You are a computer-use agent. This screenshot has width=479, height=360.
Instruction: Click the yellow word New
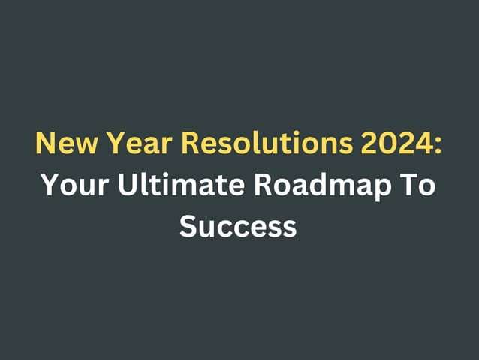(x=62, y=144)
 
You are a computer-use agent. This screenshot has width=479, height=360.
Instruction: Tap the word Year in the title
(x=129, y=144)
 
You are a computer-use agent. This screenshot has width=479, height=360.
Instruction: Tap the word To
(x=417, y=184)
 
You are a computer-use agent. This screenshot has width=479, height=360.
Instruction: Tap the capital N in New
(x=44, y=144)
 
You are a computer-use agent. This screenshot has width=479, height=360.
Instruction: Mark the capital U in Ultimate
(x=128, y=184)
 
